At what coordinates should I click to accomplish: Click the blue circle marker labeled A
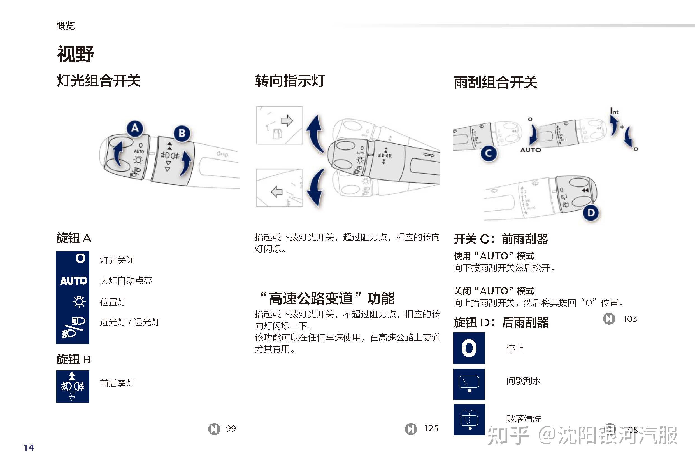tap(135, 128)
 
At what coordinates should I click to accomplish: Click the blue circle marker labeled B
tap(182, 134)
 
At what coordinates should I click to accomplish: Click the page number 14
tap(29, 448)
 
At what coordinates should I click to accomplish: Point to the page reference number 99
tap(231, 429)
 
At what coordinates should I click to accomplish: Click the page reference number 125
tap(431, 428)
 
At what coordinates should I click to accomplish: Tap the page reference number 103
tap(629, 319)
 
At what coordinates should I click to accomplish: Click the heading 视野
tap(75, 54)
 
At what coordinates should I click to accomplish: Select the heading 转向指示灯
tap(290, 81)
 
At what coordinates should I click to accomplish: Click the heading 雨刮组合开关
tap(495, 82)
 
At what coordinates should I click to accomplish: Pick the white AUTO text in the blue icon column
tap(73, 280)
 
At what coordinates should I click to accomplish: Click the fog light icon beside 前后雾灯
tap(73, 386)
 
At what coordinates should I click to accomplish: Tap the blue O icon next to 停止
tap(469, 348)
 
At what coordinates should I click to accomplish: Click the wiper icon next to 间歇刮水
tap(469, 384)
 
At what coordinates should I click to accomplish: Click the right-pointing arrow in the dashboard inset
tap(287, 120)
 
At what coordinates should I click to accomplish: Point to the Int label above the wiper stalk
tap(614, 111)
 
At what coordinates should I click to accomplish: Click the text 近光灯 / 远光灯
tap(130, 322)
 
